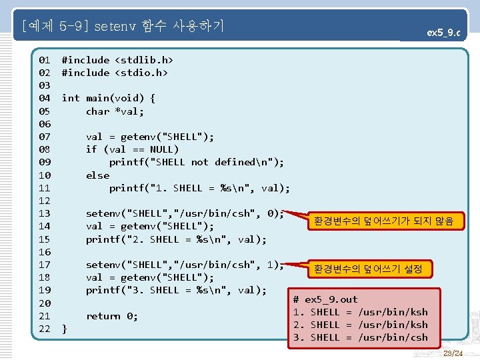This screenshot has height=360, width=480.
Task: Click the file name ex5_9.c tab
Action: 443,32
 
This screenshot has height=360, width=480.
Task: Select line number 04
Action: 45,98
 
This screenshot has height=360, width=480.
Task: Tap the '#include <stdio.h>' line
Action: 115,73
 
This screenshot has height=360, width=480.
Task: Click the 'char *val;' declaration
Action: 115,111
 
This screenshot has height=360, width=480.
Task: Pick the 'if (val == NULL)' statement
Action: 132,149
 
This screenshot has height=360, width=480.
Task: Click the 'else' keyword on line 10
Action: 97,175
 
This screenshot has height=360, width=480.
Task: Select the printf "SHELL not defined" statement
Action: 197,162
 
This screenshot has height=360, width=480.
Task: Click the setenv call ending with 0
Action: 185,214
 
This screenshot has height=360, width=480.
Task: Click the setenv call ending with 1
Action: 185,265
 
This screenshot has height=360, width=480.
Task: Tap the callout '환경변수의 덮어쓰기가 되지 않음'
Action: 383,221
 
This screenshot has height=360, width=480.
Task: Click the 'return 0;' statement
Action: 112,316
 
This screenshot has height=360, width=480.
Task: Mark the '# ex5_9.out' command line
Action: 325,299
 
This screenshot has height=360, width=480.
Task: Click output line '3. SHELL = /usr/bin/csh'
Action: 360,337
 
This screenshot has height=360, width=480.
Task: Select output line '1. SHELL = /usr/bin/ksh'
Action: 360,312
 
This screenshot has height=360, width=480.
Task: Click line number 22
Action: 45,329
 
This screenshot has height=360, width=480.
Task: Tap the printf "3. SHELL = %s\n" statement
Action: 176,290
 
